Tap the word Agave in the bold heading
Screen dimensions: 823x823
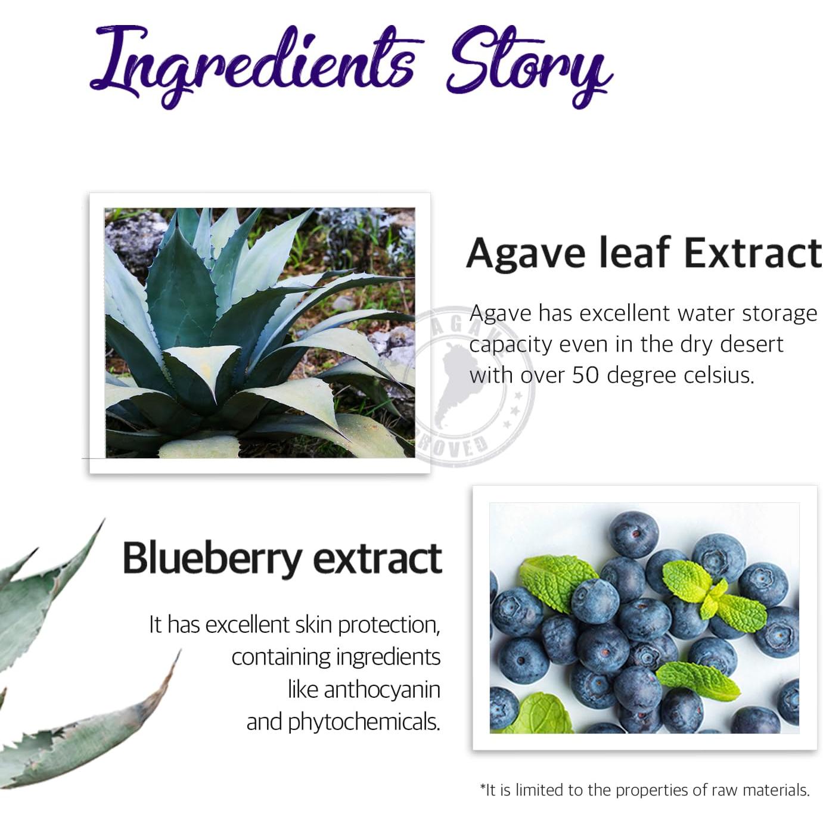526,253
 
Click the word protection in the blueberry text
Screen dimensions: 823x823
388,625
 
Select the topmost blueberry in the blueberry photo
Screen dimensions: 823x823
633,535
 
